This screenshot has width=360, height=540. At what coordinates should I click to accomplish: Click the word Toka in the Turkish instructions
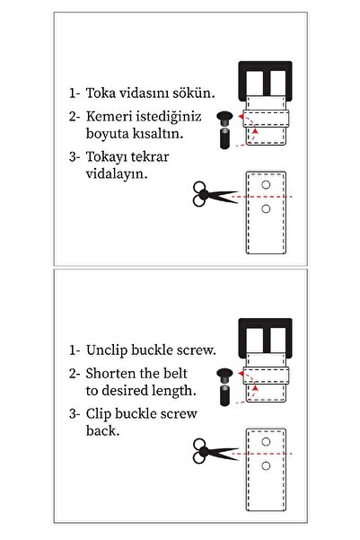[x=101, y=93]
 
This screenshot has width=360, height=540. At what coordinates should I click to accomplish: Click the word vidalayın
[x=117, y=174]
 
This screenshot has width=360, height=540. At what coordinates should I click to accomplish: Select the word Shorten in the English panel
[x=110, y=373]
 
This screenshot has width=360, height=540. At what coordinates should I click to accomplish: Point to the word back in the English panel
[x=102, y=430]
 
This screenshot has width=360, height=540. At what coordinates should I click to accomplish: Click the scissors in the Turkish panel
[x=215, y=195]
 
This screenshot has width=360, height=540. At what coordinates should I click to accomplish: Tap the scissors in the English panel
[x=215, y=451]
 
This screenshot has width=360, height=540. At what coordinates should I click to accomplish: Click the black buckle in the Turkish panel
[x=266, y=81]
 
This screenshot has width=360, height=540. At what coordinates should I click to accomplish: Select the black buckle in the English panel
[x=266, y=338]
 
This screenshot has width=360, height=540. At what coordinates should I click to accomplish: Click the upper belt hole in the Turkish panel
[x=266, y=184]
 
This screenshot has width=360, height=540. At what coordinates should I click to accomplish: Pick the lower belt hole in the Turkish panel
[x=266, y=208]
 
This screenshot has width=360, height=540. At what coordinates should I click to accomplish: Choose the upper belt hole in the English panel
[x=266, y=441]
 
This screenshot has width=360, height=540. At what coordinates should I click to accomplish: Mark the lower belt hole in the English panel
[x=266, y=465]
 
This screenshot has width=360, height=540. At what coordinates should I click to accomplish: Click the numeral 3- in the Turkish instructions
[x=75, y=157]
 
